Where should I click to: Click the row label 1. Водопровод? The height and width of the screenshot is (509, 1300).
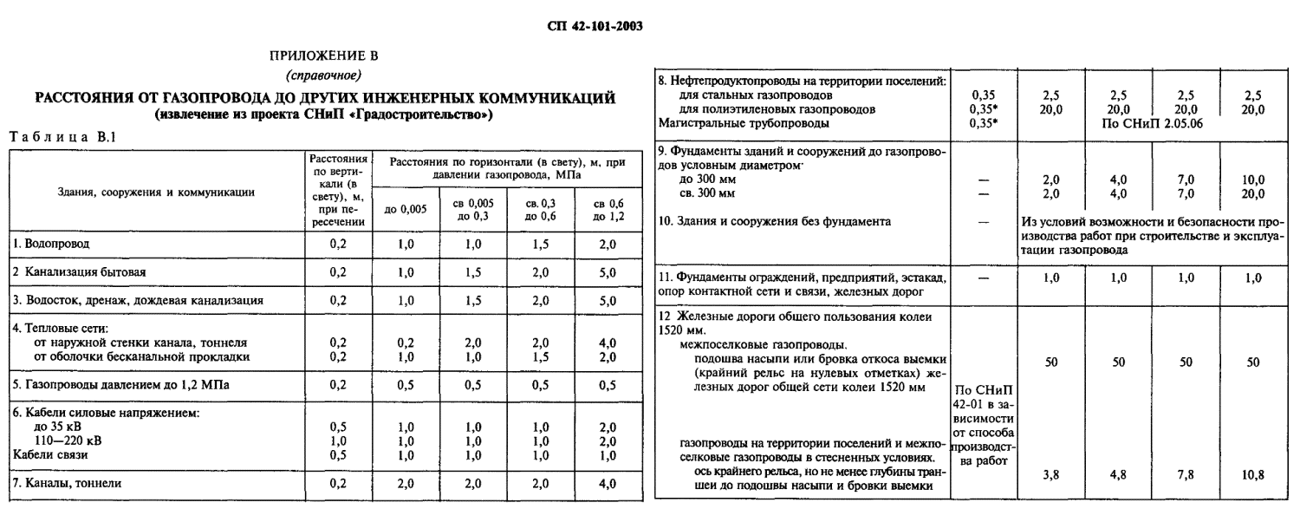point(49,245)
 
